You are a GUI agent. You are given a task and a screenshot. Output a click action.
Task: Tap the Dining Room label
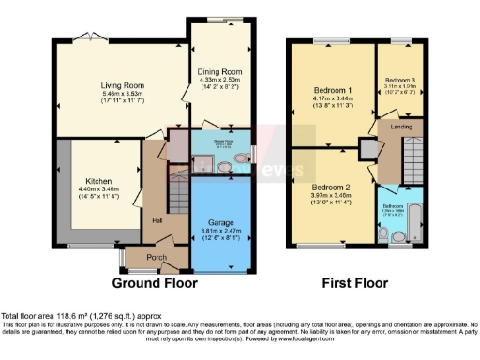[220, 71]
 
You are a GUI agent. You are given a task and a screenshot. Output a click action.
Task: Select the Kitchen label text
[99, 180]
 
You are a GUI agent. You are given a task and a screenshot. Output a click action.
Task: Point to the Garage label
[221, 222]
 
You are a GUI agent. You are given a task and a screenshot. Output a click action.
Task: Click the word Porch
[145, 260]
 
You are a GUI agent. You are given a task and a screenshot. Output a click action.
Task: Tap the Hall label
[157, 220]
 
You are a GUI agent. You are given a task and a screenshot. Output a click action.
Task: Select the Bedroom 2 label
[332, 186]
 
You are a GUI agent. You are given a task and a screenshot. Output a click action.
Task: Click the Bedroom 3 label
[399, 80]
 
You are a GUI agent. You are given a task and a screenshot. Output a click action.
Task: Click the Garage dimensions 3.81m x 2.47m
[221, 231]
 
